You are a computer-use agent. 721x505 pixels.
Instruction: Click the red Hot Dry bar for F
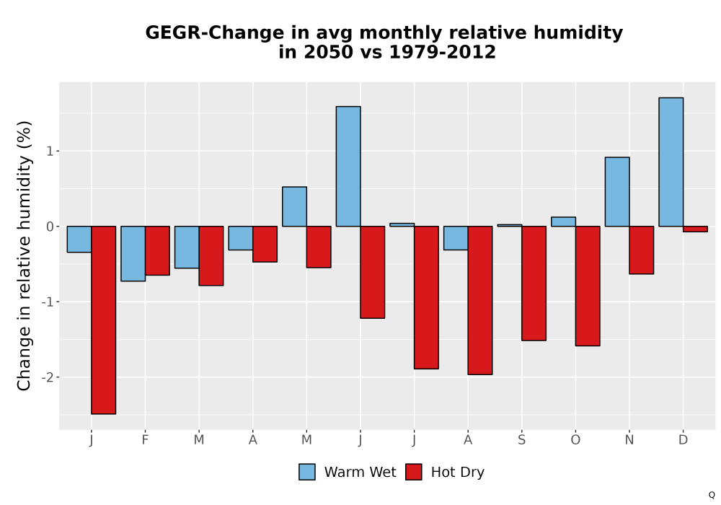157,250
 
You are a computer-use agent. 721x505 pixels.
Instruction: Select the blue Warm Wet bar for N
617,192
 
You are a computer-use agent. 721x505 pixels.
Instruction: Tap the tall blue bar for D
671,162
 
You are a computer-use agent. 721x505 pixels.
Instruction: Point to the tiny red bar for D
695,229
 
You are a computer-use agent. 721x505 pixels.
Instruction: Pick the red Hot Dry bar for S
534,284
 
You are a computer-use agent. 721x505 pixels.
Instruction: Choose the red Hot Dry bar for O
588,286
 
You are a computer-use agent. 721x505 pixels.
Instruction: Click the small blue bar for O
563,221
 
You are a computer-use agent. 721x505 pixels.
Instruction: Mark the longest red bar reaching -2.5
103,320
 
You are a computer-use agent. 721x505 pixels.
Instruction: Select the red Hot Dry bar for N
642,250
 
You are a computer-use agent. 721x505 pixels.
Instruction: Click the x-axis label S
521,440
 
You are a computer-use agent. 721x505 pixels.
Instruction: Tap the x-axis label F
146,440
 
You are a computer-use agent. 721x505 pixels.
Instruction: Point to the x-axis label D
684,440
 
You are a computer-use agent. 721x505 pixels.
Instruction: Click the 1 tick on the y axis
50,151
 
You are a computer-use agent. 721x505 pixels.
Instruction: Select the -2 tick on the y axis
48,377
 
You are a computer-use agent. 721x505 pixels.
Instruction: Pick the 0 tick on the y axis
50,227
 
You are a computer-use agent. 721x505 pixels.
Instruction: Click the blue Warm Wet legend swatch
307,472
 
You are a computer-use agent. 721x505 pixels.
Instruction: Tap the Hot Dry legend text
458,473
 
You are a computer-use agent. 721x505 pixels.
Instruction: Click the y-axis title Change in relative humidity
24,255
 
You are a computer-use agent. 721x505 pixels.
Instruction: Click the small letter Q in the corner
712,495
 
